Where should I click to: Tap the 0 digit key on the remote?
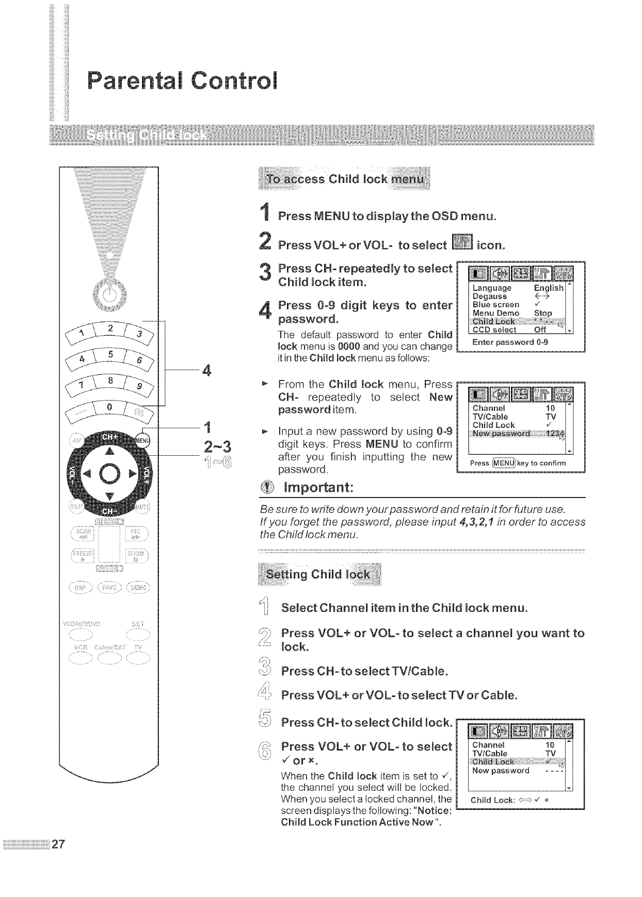pyautogui.click(x=109, y=407)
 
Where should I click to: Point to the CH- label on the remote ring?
pyautogui.click(x=109, y=511)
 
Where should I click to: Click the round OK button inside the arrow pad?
pyautogui.click(x=109, y=474)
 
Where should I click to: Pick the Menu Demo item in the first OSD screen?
pyautogui.click(x=496, y=313)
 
